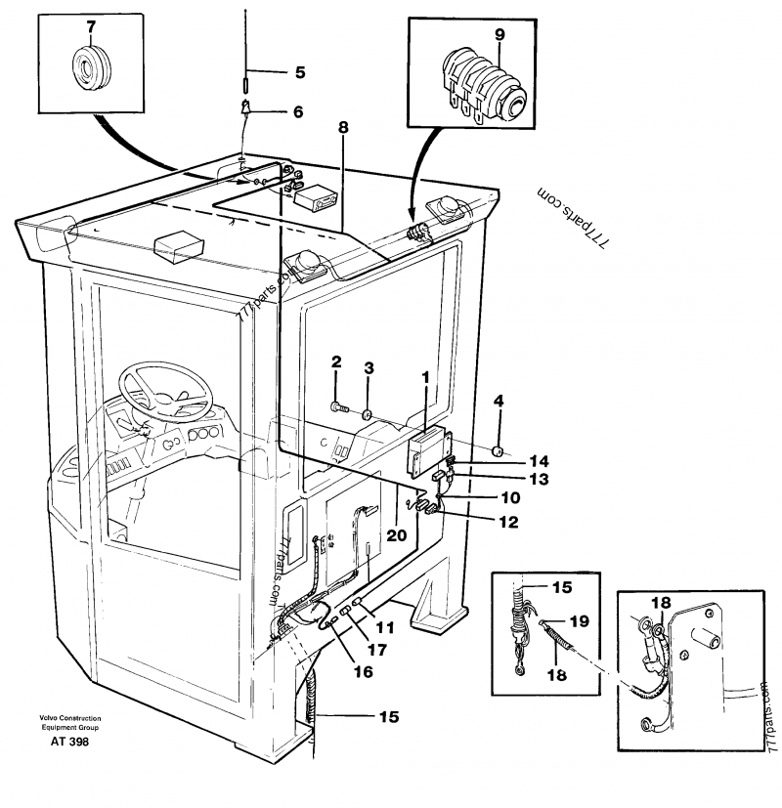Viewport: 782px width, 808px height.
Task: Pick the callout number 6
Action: [297, 112]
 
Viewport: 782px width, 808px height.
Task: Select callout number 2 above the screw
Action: [335, 361]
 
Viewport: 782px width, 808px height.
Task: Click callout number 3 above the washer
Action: [369, 367]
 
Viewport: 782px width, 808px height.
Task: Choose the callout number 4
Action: [499, 401]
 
